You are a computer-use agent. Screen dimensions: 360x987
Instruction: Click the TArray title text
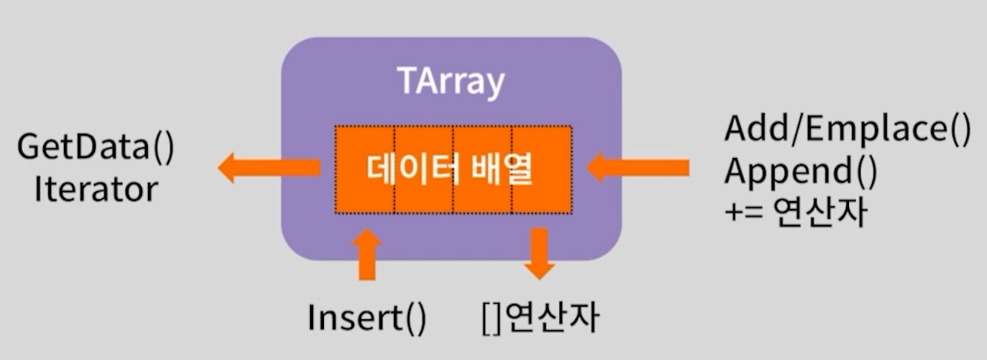[451, 82]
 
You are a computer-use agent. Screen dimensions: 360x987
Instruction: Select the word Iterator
[96, 188]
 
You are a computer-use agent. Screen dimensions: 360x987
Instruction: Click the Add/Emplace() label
[847, 130]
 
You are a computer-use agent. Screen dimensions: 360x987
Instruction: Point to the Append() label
[800, 173]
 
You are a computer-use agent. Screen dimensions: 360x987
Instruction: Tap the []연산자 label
[539, 317]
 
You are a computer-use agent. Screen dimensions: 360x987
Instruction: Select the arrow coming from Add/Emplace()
[637, 167]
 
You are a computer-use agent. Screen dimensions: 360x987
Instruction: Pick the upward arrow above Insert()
[366, 255]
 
